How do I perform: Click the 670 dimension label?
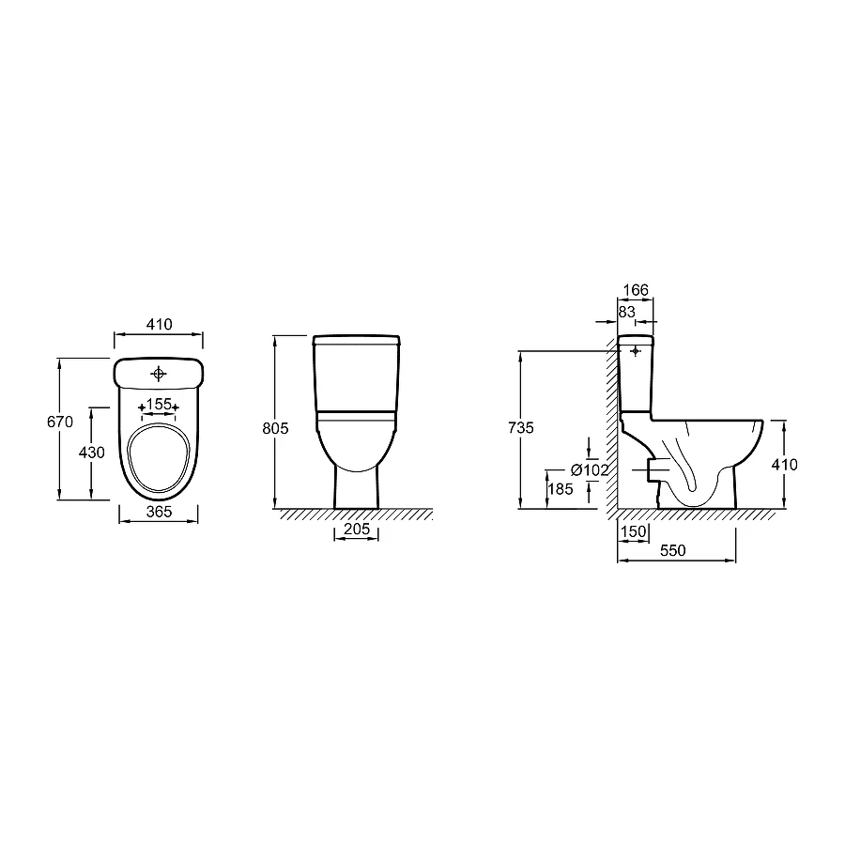click(60, 422)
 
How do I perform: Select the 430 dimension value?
click(92, 453)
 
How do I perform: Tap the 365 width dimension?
click(159, 512)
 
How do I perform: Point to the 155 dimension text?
click(159, 404)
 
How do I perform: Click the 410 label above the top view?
click(160, 324)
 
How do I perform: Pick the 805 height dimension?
click(275, 428)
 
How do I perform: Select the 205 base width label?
click(357, 529)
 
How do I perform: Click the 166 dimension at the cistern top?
click(636, 290)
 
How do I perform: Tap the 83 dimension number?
click(627, 312)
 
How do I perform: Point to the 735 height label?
click(521, 427)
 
